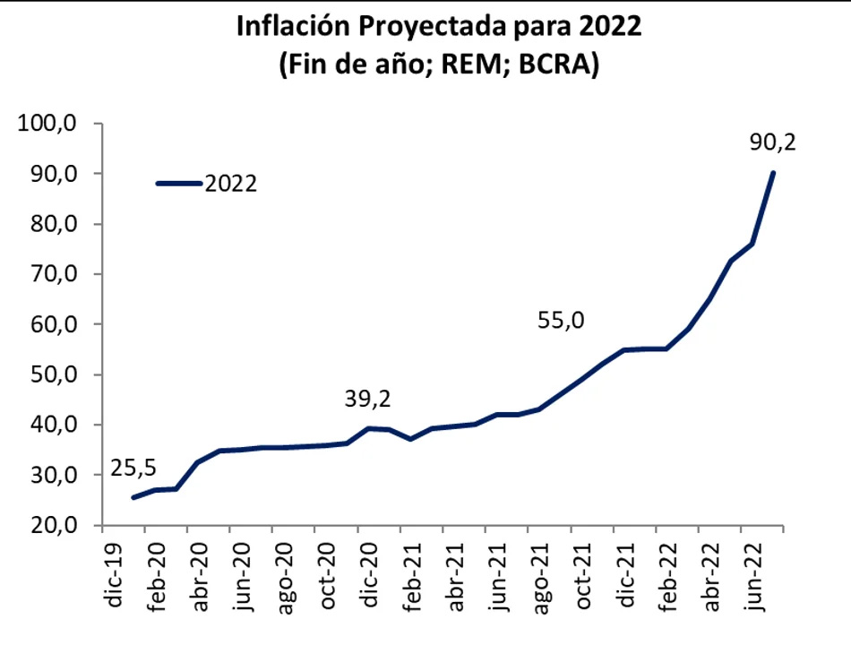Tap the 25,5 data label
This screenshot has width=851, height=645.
(x=133, y=467)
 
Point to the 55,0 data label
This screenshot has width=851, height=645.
(x=562, y=319)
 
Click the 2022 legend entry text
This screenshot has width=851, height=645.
(x=231, y=184)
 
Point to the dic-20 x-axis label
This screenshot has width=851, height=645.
(x=368, y=577)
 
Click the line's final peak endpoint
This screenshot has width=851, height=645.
(x=772, y=173)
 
